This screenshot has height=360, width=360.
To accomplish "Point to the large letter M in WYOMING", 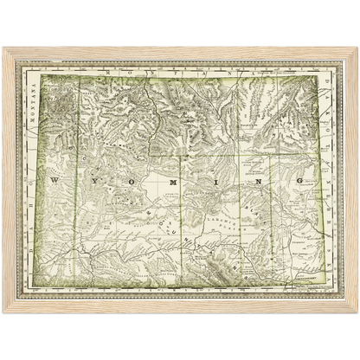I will (x=172, y=183).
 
